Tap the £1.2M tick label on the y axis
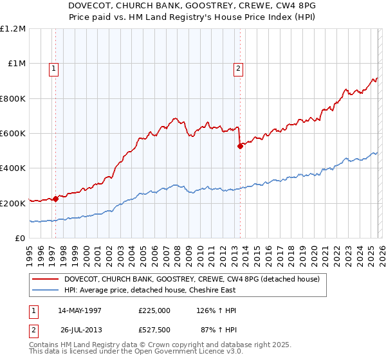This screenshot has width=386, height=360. (x=13, y=29)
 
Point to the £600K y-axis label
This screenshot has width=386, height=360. (x=13, y=134)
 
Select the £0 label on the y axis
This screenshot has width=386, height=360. (x=19, y=238)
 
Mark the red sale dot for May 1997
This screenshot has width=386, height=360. (x=56, y=199)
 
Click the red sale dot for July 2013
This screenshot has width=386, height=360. (x=240, y=146)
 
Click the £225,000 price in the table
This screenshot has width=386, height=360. (x=154, y=310)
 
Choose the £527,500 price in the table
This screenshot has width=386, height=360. (x=154, y=329)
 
